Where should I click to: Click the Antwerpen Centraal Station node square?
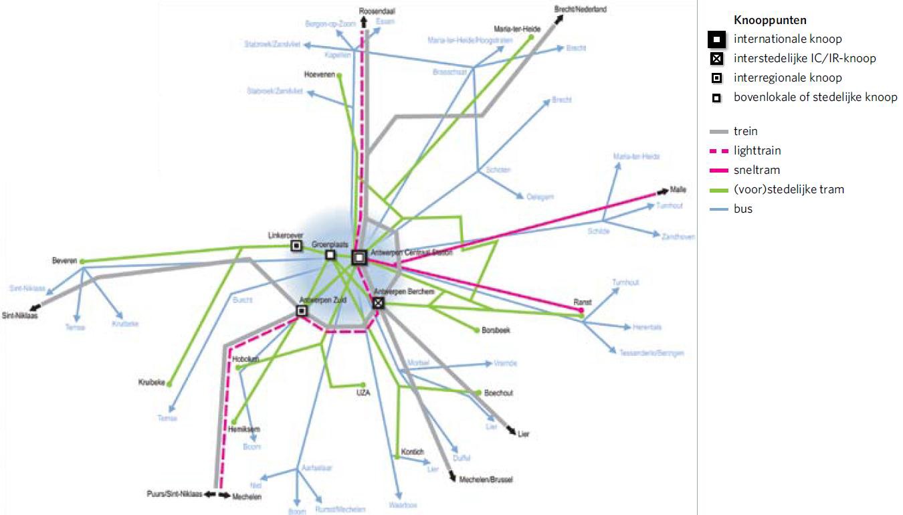pos(359,257)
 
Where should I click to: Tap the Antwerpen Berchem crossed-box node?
pos(379,303)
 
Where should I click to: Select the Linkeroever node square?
pos(296,246)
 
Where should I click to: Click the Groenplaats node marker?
pos(330,255)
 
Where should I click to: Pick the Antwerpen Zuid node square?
pos(302,311)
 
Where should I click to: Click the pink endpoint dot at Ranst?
pos(581,310)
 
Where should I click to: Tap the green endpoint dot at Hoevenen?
pos(340,75)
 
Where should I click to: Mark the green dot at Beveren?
pos(82,262)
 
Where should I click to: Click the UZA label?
pos(363,393)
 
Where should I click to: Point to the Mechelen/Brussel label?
pos(486,480)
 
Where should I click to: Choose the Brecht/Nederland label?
pos(581,9)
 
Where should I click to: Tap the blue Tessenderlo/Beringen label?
pos(651,352)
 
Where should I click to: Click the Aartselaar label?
pos(317,468)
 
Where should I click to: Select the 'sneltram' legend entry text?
pos(757,170)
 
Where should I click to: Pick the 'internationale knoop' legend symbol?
pos(716,39)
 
